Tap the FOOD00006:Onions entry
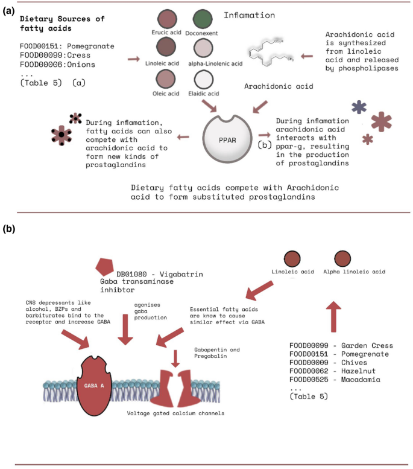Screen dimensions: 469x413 click(x=57, y=64)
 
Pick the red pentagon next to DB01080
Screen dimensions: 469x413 click(x=104, y=266)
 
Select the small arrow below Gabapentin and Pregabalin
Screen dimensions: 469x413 click(x=175, y=359)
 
